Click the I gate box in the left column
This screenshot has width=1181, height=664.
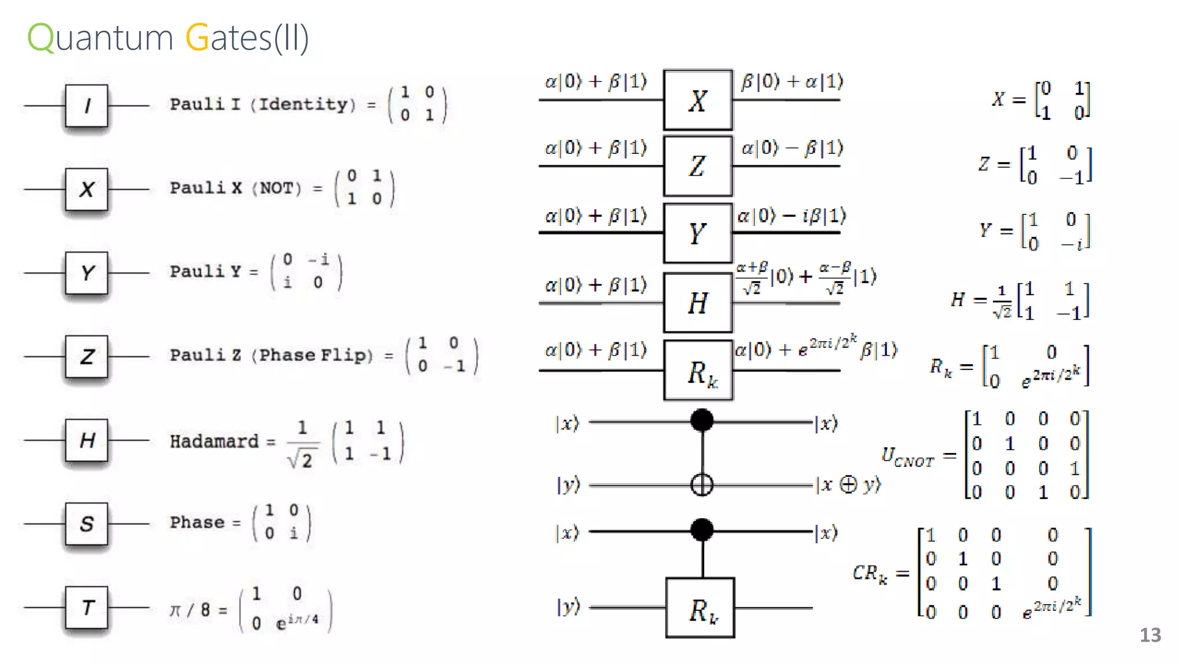pos(86,105)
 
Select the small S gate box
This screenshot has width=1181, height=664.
pos(86,523)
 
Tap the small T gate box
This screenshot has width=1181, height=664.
pos(86,607)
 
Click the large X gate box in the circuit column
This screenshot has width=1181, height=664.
pos(698,100)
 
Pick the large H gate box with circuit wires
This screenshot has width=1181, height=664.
pos(698,303)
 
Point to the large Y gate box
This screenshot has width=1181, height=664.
pos(698,233)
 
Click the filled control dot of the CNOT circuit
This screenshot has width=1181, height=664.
pos(702,420)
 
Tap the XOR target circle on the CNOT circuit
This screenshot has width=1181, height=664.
pos(702,485)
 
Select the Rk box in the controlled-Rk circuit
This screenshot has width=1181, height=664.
pos(701,608)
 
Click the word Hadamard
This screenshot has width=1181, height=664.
pos(214,442)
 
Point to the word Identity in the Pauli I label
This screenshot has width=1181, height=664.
pos(303,104)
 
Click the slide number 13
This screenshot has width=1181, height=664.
pos(1150,635)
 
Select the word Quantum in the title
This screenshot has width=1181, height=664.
pos(100,38)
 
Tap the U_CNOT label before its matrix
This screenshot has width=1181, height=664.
pos(907,457)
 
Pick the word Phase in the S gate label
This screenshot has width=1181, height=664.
pos(197,522)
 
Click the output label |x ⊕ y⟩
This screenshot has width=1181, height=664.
pos(848,485)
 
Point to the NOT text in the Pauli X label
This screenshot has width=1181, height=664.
pos(280,188)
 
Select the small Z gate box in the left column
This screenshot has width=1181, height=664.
pos(86,356)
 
